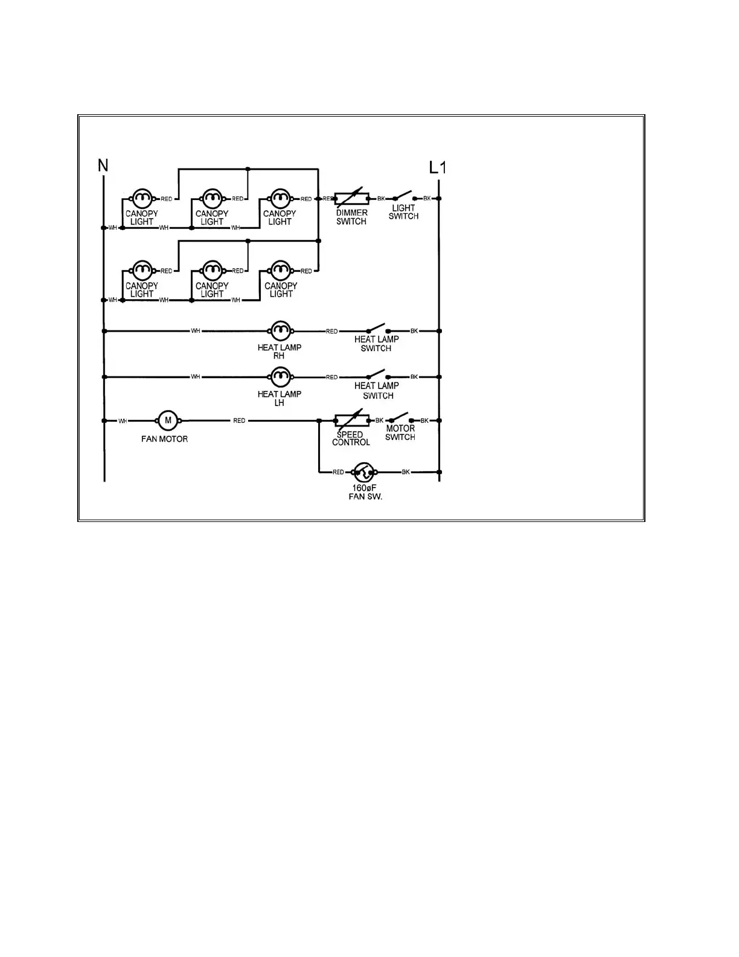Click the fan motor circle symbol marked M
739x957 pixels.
tap(168, 420)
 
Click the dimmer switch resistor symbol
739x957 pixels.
tap(351, 198)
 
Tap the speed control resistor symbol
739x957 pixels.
tap(351, 420)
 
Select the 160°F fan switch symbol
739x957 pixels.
tap(364, 472)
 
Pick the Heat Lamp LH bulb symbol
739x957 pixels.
tap(280, 377)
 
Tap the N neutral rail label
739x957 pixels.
tap(103, 164)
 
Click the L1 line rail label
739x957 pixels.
tap(438, 167)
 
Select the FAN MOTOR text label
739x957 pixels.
tap(164, 439)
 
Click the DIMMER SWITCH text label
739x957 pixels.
tap(351, 217)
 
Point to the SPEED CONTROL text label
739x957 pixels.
tap(351, 439)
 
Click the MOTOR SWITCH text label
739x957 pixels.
tap(400, 433)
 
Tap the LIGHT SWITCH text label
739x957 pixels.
tap(403, 212)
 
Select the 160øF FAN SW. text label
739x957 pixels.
tap(366, 492)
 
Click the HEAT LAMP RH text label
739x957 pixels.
tap(279, 352)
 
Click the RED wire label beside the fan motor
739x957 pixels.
tap(239, 420)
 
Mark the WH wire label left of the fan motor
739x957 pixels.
tap(123, 420)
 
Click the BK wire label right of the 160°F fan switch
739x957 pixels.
tap(406, 472)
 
